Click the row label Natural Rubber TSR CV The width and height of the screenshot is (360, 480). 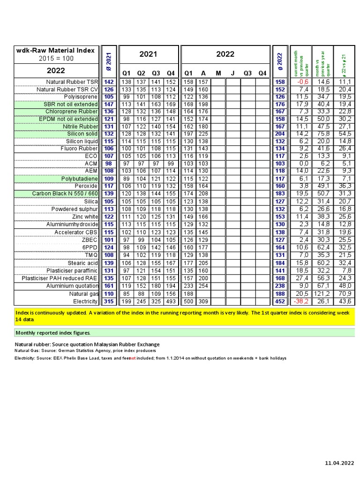[67, 89]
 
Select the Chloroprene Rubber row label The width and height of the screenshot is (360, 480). [72, 112]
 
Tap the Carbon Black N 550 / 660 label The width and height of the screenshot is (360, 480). [65, 194]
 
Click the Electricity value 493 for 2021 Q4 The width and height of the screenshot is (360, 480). [171, 301]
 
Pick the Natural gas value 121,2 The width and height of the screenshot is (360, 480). [323, 294]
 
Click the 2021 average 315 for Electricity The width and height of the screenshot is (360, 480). [109, 301]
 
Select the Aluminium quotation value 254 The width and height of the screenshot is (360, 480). [203, 286]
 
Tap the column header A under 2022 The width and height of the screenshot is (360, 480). [203, 73]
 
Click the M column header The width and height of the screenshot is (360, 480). [218, 73]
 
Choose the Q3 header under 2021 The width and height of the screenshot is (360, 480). [156, 73]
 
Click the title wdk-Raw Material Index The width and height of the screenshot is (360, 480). [55, 50]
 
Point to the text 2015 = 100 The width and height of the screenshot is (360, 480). [55, 59]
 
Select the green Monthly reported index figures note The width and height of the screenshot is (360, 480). [53, 333]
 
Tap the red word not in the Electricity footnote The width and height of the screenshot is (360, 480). [133, 358]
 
